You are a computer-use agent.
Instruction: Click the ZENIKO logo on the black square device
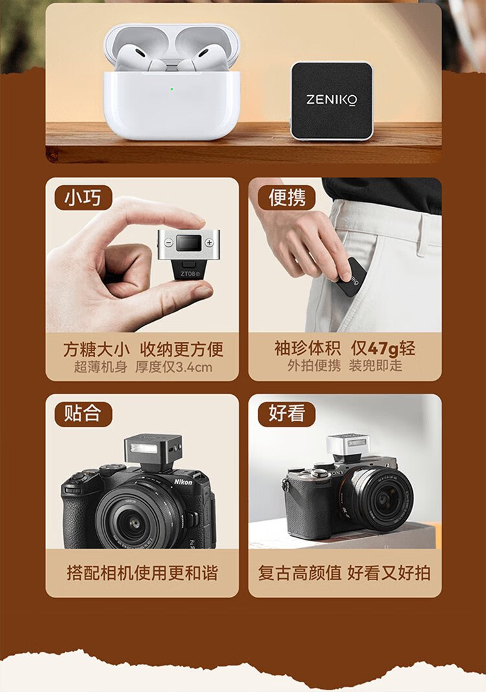tap(331, 100)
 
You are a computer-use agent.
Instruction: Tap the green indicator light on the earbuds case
tap(172, 89)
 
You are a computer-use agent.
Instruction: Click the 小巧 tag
tap(83, 197)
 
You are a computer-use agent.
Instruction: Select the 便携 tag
tap(286, 197)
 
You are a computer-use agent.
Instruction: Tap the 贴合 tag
tap(83, 414)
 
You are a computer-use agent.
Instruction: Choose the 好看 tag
tap(286, 414)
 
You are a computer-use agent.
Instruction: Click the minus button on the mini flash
tap(168, 243)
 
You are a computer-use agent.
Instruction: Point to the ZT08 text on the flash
tap(190, 274)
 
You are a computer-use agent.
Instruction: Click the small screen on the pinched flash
tap(189, 243)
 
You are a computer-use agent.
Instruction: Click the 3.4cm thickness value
tap(194, 367)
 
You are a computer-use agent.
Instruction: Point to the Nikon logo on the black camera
tap(183, 482)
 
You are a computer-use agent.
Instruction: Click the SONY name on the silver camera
tap(338, 473)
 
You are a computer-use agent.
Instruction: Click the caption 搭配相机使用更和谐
tap(143, 573)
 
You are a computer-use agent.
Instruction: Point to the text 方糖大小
tap(97, 349)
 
